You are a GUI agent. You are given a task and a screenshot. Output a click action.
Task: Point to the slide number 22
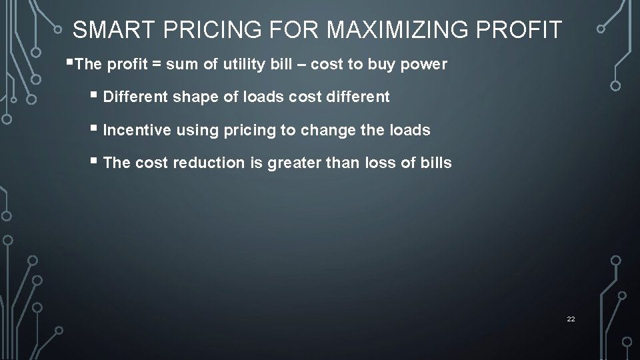571,319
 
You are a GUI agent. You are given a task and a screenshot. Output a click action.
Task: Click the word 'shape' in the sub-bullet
193,97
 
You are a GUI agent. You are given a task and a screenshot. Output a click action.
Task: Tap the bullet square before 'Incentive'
97,129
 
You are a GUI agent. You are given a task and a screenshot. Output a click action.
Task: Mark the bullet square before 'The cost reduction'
97,162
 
